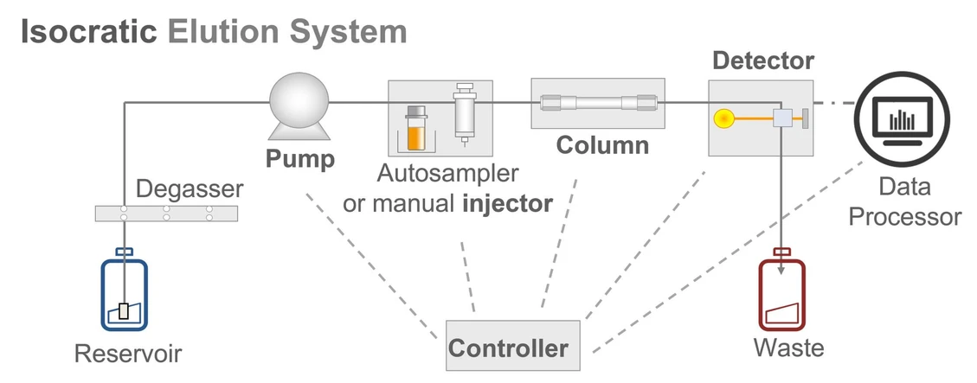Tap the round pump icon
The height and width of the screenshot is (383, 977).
pos(299,103)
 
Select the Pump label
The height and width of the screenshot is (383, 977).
pos(299,159)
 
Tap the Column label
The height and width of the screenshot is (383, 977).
pos(601,144)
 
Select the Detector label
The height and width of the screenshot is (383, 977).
pos(762,61)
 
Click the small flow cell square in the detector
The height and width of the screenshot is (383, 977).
pos(782,118)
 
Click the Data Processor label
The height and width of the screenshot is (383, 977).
pos(903,201)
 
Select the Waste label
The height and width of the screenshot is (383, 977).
pos(788,348)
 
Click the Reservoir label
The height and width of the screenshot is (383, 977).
pos(128,354)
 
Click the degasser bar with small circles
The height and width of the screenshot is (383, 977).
pos(166,213)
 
